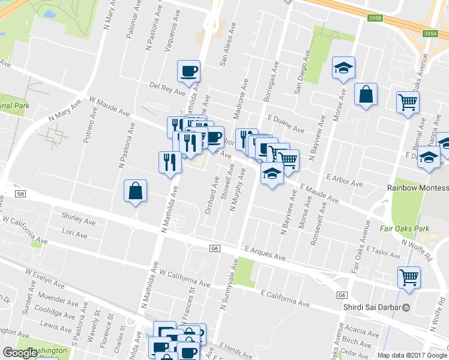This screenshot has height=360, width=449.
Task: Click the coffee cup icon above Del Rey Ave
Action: (188, 71)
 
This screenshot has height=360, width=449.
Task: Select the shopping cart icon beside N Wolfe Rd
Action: (409, 278)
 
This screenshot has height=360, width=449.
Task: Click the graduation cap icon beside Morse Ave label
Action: (344, 68)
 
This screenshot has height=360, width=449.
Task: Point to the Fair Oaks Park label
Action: (402, 229)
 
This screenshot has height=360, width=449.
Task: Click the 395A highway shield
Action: (430, 34)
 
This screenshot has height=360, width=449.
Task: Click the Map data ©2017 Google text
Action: (412, 355)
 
